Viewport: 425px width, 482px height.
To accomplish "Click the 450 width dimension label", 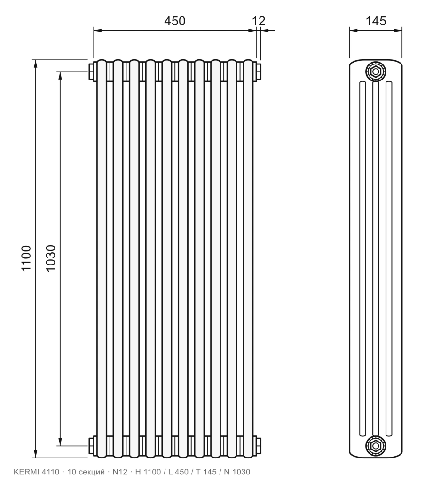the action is [174, 21].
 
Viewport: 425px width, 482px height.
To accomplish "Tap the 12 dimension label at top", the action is [259, 21].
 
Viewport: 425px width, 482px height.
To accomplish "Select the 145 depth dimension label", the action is [376, 21].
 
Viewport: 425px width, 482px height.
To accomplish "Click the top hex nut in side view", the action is [376, 72].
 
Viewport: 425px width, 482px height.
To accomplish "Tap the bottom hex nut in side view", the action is [376, 445].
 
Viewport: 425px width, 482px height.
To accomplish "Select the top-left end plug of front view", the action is [92, 72].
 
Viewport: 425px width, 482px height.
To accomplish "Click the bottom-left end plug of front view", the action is [92, 445].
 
